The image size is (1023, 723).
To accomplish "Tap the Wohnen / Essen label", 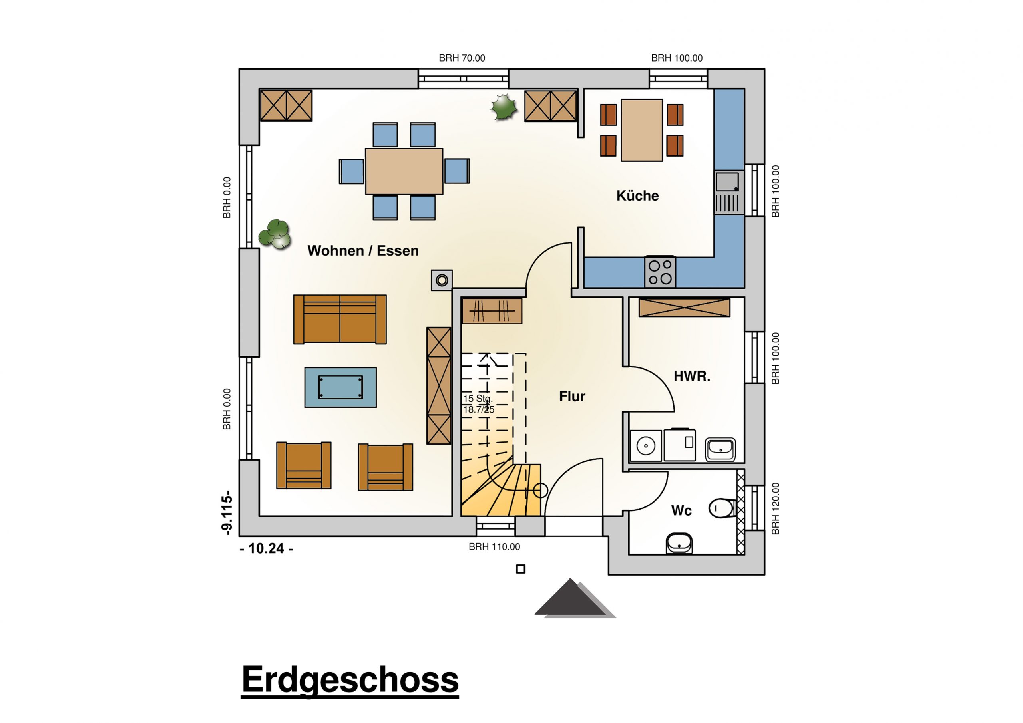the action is click(x=363, y=251).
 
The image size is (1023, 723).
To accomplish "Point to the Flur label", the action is click(x=572, y=396).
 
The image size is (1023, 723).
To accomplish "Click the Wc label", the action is click(x=681, y=510).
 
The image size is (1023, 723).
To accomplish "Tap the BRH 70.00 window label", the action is click(x=462, y=58).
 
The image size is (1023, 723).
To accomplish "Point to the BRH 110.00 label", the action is click(x=494, y=546).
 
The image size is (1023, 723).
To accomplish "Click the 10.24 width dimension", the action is click(x=267, y=548).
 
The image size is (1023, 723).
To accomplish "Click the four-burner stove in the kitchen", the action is click(x=660, y=272).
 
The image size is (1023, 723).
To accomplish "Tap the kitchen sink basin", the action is click(x=727, y=182).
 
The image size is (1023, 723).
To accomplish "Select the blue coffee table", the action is click(x=340, y=387).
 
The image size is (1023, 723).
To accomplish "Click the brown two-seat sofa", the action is click(x=340, y=319).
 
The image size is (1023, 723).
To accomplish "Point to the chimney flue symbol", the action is click(x=442, y=280).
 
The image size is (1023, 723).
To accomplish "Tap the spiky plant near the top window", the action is click(x=504, y=107).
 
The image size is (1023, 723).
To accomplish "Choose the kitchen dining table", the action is click(x=642, y=130).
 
